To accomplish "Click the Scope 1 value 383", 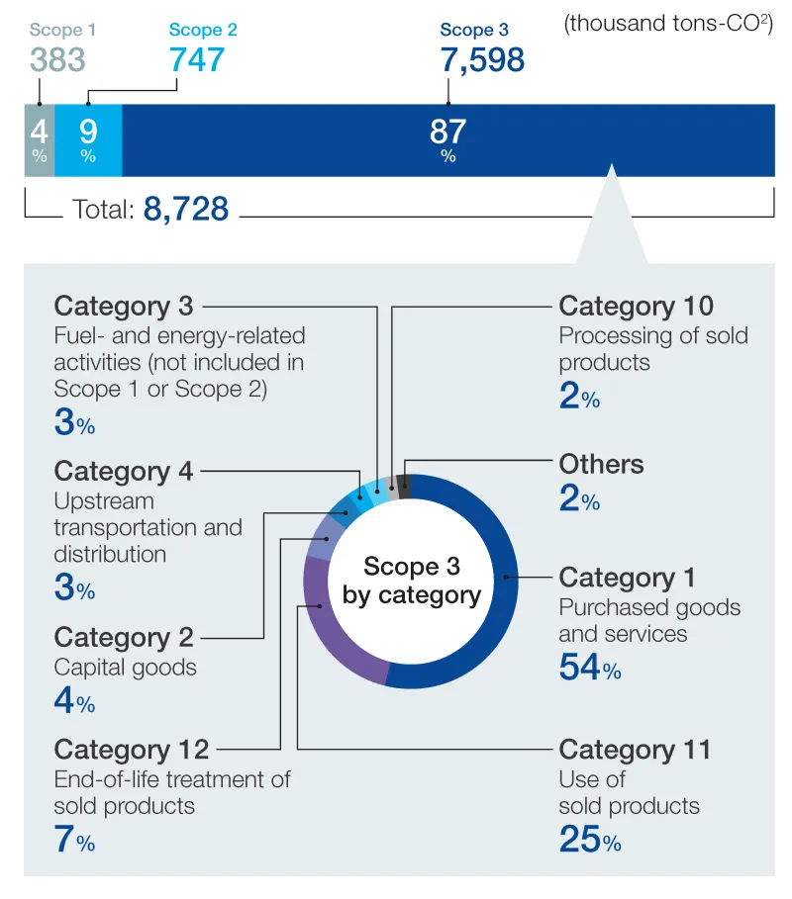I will point(57,60).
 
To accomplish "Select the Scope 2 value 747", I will point(197,60).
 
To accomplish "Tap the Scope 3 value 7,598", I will point(482,60).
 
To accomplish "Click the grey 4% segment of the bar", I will point(39,139).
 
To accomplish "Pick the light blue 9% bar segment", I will point(88,139).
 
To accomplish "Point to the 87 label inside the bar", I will point(447,132).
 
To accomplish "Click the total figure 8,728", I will point(186,209).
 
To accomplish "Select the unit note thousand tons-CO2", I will point(668,25).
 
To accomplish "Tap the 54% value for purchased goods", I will point(590,668).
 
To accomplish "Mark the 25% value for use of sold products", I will point(590,840).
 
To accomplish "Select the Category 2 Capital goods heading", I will point(124,638).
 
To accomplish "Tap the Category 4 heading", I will point(124,471).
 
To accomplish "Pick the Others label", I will point(601,464).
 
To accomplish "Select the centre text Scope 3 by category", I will point(411,581).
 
